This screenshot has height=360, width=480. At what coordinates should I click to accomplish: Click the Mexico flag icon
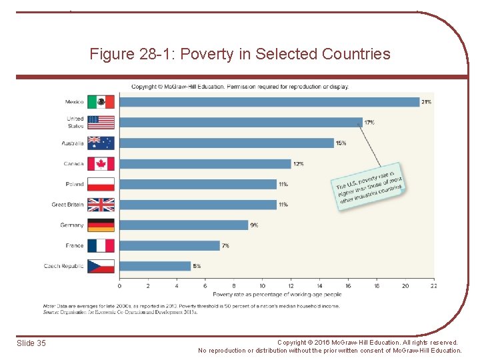[101, 102]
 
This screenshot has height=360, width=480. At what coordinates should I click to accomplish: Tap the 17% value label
[369, 123]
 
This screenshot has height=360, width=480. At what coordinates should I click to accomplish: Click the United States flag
[101, 123]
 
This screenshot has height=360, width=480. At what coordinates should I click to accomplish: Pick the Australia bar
[226, 143]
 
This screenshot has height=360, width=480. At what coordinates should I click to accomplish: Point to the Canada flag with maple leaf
[101, 163]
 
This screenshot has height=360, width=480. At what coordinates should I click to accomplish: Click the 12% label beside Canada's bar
[298, 163]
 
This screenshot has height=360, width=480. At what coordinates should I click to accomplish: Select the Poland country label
[75, 184]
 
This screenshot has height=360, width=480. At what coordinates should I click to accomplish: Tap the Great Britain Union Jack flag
[101, 205]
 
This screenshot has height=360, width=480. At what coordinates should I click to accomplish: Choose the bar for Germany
[183, 225]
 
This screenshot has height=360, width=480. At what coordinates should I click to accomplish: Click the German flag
[101, 225]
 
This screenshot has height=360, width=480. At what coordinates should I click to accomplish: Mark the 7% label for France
[225, 245]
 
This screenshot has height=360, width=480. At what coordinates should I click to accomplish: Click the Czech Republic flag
[101, 266]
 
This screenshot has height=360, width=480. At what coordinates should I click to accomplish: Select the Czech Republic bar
[155, 266]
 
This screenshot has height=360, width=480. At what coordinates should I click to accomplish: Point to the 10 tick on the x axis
[262, 286]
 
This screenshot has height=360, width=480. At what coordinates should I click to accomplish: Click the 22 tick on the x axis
[433, 286]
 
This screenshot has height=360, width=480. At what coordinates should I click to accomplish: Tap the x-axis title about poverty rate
[277, 294]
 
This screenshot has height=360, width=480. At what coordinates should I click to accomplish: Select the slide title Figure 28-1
[240, 54]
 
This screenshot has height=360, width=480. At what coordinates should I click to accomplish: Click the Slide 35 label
[31, 343]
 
